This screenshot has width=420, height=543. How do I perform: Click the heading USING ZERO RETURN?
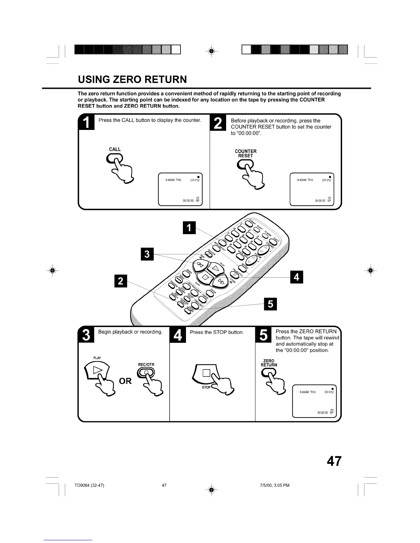(x=132, y=80)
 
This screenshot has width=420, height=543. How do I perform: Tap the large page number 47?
(x=334, y=461)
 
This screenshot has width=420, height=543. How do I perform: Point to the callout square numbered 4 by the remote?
(x=297, y=277)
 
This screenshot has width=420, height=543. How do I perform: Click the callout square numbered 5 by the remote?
(x=270, y=304)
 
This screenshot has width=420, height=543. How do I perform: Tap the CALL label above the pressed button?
(x=115, y=149)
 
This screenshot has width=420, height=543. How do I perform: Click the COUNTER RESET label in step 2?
(x=245, y=154)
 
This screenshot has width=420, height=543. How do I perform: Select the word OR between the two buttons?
(x=125, y=381)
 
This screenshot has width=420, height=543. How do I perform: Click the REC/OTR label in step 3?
(x=146, y=365)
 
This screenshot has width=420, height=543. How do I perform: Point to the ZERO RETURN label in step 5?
(x=269, y=363)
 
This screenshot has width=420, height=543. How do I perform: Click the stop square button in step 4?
(x=206, y=373)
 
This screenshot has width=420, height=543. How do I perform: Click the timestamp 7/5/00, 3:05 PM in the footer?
(x=275, y=485)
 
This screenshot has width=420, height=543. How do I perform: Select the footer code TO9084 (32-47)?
(x=89, y=485)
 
